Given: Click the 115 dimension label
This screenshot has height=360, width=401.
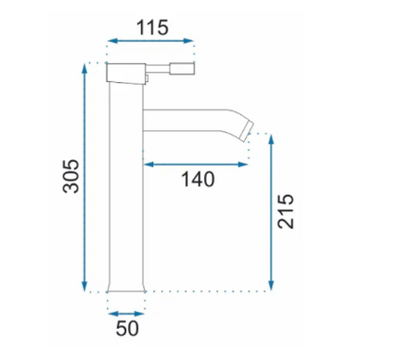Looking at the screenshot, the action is [152, 28].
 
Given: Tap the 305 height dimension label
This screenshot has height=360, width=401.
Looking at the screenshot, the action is [71, 176].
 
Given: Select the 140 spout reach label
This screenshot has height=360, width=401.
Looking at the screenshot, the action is [198, 179].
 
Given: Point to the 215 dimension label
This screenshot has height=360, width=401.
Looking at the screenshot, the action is [285, 211].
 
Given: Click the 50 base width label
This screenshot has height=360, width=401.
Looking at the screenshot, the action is [127, 329].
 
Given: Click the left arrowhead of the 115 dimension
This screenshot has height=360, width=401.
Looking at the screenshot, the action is [111, 41].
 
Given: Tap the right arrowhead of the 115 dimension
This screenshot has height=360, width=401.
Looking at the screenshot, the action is [189, 41].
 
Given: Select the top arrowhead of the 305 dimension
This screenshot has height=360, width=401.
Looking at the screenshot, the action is [85, 69].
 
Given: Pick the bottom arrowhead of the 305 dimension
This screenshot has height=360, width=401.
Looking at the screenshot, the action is [85, 286].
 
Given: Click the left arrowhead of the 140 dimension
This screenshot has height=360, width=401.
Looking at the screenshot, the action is [148, 164].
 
